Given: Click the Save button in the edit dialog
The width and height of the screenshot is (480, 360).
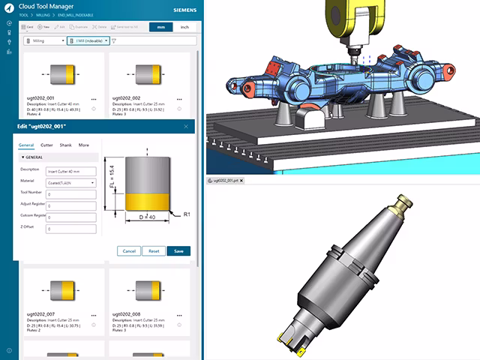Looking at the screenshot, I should (x=178, y=250).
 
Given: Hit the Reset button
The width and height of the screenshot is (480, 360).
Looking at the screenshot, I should (x=154, y=250).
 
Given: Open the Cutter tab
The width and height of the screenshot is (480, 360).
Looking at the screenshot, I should (x=46, y=144).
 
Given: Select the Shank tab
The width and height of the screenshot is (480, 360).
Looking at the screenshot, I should (x=66, y=144).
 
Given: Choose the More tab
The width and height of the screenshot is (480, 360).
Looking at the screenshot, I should (x=83, y=144).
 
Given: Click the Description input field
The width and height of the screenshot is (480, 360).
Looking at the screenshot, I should (x=71, y=171).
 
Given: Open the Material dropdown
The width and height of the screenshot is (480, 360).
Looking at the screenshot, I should (x=71, y=182).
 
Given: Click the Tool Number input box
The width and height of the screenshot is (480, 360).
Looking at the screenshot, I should (x=71, y=194).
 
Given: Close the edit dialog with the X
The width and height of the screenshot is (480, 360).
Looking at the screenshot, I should (x=186, y=127).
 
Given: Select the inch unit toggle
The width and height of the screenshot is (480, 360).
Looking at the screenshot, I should (x=184, y=27).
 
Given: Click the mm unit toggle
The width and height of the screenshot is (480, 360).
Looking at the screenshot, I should (x=160, y=27).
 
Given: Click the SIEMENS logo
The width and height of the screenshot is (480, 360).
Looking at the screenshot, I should (x=183, y=11).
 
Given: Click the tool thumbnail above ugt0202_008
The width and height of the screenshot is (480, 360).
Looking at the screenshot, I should (x=145, y=287).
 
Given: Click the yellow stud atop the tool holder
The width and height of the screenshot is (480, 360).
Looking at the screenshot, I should (x=403, y=201).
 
